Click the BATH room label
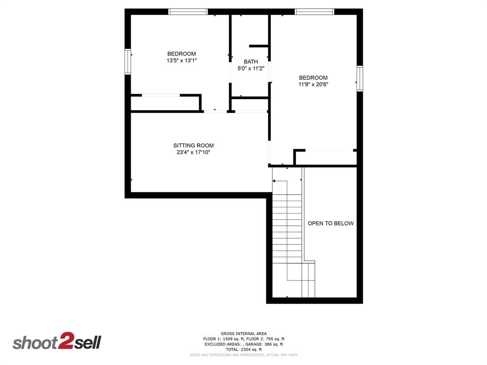pyautogui.click(x=251, y=62)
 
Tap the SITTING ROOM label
pyautogui.click(x=193, y=145)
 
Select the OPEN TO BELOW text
pyautogui.click(x=331, y=223)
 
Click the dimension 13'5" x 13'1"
pyautogui.click(x=182, y=61)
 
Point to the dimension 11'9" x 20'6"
pyautogui.click(x=313, y=85)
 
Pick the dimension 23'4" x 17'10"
pyautogui.click(x=193, y=153)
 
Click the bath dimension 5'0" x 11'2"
pyautogui.click(x=251, y=68)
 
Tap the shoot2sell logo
pyautogui.click(x=57, y=343)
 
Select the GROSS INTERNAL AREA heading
pyautogui.click(x=243, y=334)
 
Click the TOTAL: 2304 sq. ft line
pyautogui.click(x=243, y=349)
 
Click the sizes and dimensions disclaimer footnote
pyautogui.click(x=243, y=355)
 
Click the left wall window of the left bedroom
pyautogui.click(x=128, y=61)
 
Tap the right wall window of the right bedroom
pyautogui.click(x=360, y=78)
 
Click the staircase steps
pyautogui.click(x=287, y=223)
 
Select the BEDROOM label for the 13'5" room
pyautogui.click(x=182, y=54)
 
